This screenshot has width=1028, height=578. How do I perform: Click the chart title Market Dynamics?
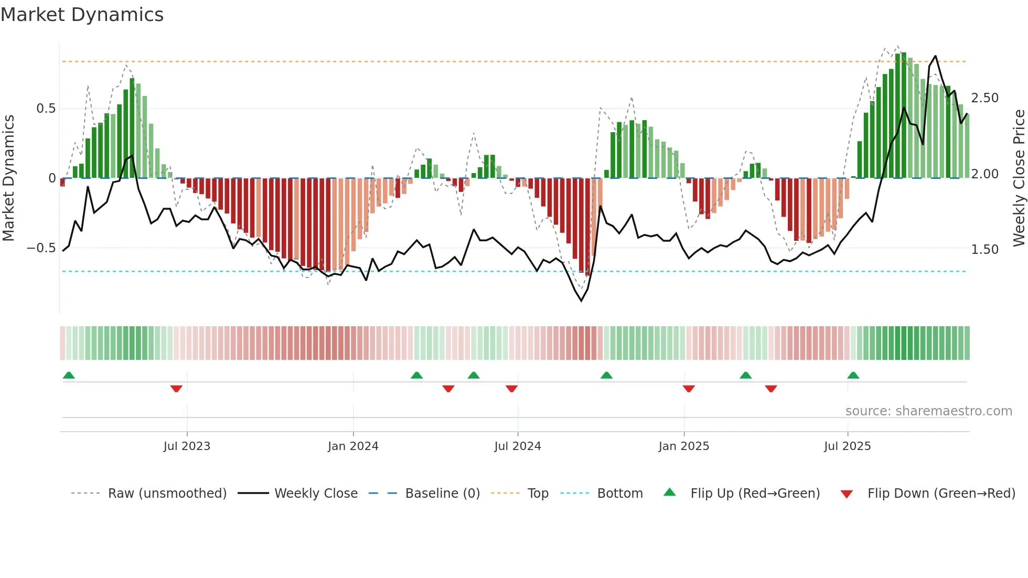(82, 15)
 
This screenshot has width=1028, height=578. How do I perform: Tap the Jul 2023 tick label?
(187, 446)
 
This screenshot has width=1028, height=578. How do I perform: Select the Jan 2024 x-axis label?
(353, 446)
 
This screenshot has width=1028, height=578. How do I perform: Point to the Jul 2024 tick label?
(517, 446)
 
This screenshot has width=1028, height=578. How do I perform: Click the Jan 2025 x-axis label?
(684, 446)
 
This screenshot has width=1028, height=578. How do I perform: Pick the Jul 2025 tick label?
(847, 446)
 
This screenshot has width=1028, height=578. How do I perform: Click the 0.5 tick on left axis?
(46, 109)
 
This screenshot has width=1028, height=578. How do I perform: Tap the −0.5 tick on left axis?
(41, 248)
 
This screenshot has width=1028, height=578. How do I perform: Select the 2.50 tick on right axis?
(984, 98)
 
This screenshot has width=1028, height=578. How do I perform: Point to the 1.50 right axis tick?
(984, 250)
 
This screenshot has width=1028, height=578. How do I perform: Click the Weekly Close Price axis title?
(1019, 178)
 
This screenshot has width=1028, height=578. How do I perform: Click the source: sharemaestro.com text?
(928, 411)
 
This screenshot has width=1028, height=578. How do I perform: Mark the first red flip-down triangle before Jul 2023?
(176, 389)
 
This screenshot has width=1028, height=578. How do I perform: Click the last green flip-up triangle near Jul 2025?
(853, 375)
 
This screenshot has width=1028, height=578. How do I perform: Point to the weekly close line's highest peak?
(935, 56)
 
